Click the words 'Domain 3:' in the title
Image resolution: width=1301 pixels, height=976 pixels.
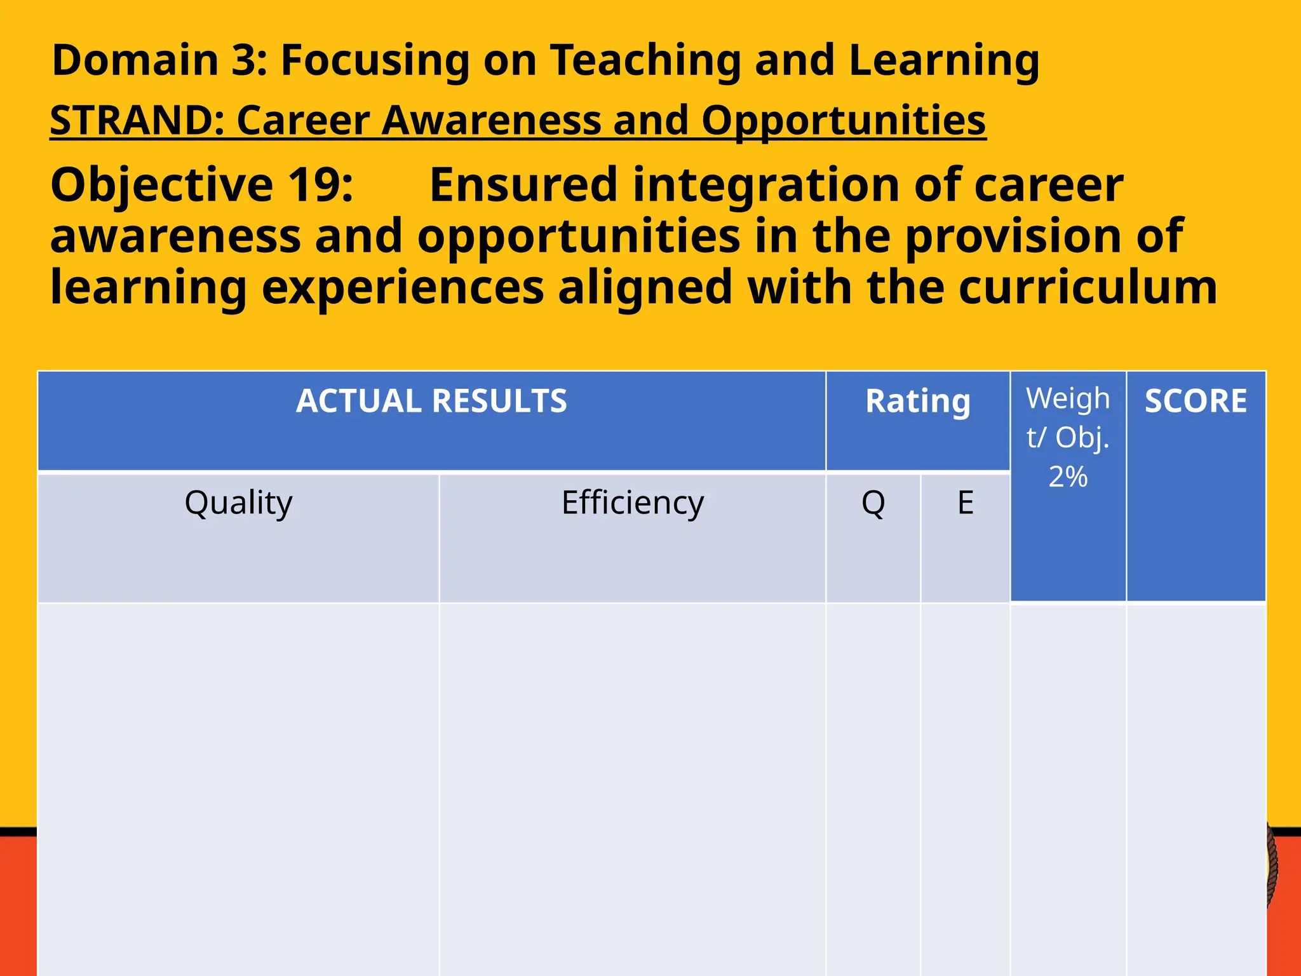click(159, 60)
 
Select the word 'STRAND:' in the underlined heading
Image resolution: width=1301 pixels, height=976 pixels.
click(137, 120)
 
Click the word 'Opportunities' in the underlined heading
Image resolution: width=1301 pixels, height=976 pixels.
click(844, 120)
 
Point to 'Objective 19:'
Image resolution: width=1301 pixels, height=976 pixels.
click(201, 185)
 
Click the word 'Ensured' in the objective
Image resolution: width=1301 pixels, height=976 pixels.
click(523, 185)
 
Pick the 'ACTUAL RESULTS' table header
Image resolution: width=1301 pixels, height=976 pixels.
click(431, 402)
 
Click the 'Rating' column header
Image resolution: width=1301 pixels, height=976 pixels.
click(918, 402)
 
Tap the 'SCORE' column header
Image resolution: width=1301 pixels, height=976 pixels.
click(1196, 402)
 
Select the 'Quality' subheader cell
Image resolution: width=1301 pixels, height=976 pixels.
click(238, 503)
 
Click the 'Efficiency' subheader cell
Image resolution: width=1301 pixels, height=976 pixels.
click(633, 503)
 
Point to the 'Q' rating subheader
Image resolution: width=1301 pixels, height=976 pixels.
click(873, 503)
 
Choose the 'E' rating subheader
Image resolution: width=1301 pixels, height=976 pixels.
click(965, 503)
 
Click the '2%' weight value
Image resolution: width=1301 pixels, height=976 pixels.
click(1068, 477)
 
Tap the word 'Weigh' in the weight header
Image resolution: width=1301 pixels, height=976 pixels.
click(1068, 399)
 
